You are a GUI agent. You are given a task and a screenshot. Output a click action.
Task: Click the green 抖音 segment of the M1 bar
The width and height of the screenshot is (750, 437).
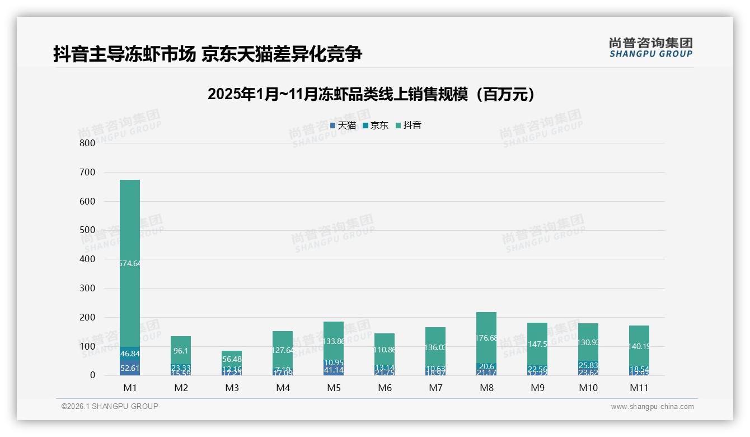pos(130,224)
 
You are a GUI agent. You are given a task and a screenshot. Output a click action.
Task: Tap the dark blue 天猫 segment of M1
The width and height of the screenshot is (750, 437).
pos(130,368)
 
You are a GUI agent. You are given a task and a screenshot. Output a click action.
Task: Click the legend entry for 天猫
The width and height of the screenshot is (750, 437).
pos(343,125)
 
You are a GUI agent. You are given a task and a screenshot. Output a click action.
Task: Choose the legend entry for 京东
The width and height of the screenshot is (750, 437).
pos(376,125)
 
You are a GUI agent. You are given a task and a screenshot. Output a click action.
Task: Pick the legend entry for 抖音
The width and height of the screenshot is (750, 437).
pos(409,125)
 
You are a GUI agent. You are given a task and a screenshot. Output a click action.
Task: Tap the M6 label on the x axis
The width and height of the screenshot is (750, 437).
pos(385,388)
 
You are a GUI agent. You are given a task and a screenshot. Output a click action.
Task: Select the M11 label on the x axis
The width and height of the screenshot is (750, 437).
pos(639,388)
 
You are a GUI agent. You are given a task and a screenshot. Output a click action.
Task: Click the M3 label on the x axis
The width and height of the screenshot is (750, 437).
pos(232,388)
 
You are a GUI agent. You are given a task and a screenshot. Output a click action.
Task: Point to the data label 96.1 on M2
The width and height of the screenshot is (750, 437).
pos(181,351)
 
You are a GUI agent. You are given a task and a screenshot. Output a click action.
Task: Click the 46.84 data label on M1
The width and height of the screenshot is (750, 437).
pos(130,354)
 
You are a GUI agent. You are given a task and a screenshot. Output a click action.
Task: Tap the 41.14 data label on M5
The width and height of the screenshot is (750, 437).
pos(334,370)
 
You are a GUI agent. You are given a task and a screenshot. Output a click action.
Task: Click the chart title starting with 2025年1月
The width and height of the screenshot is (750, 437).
pos(371,94)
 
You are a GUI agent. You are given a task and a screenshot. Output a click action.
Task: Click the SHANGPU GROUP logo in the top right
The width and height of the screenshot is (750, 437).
pos(650,48)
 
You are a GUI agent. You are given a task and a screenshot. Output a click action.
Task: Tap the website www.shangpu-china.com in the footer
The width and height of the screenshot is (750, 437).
pos(652,407)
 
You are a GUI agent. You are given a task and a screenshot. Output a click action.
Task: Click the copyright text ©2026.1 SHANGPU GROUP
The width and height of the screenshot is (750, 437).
pos(110,406)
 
